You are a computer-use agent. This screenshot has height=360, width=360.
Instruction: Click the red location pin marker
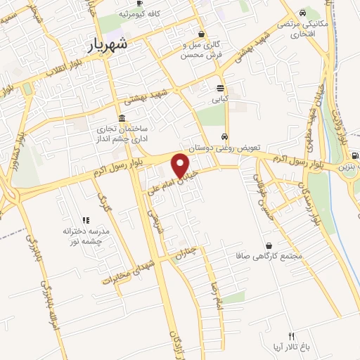pos(181,165)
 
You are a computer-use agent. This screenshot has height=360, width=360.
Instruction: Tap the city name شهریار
pos(108,44)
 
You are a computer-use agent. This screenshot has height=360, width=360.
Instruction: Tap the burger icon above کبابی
pos(221,89)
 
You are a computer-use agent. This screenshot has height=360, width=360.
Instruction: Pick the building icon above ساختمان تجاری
pos(122,117)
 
